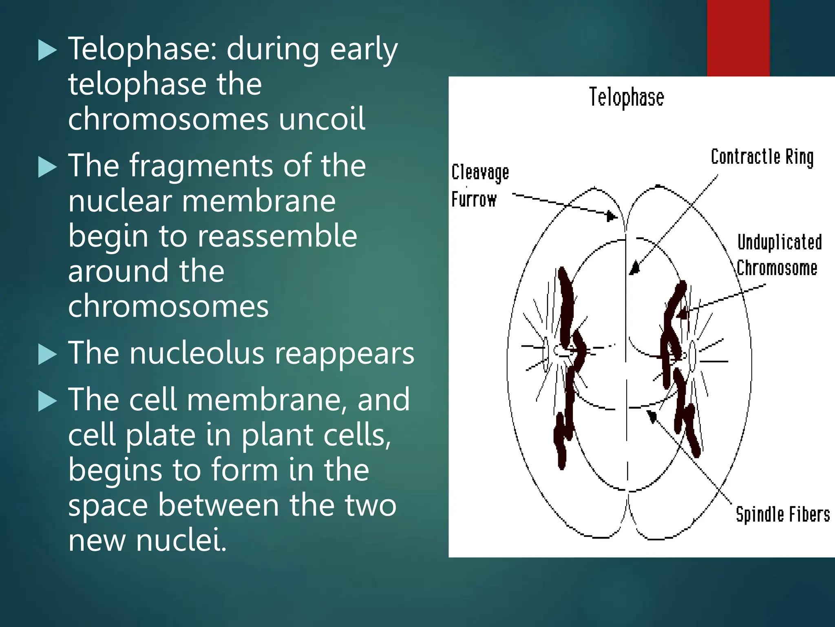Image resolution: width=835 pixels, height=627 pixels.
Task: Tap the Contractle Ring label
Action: [x=762, y=157]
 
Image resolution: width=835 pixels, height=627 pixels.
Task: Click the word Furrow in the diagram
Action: [x=474, y=200]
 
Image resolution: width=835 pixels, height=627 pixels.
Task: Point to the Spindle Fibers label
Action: [x=782, y=514]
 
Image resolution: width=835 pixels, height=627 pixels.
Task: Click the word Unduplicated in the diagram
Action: [x=779, y=242]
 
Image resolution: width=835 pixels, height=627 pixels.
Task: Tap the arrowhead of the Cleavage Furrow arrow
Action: [x=611, y=216]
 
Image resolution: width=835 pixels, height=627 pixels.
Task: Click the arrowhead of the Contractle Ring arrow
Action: [x=634, y=269]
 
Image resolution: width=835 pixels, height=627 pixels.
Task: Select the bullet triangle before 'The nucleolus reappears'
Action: [x=47, y=354]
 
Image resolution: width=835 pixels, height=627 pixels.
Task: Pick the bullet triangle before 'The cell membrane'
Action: [x=47, y=401]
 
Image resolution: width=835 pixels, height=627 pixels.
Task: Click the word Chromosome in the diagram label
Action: [x=777, y=269]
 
